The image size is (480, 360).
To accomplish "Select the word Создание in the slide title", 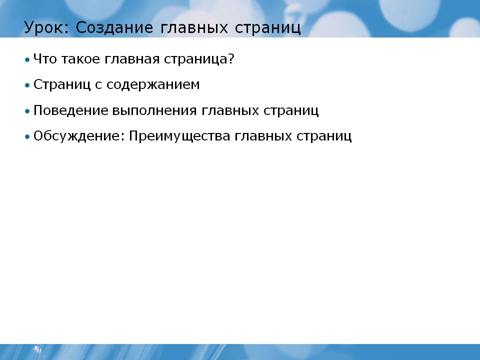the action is pyautogui.click(x=114, y=27).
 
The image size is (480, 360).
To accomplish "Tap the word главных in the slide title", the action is pyautogui.click(x=194, y=27).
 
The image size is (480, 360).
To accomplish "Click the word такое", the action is pyautogui.click(x=81, y=59).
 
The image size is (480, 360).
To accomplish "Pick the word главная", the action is pyautogui.click(x=132, y=59).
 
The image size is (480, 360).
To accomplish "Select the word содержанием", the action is pyautogui.click(x=153, y=85).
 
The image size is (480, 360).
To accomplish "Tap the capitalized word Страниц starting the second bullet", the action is pyautogui.click(x=62, y=84).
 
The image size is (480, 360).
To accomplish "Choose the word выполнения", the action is pyautogui.click(x=154, y=110).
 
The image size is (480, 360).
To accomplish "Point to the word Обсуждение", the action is pyautogui.click(x=79, y=136).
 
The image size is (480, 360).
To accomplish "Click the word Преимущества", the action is pyautogui.click(x=179, y=136).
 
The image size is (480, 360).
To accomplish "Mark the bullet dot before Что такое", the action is pyautogui.click(x=27, y=59).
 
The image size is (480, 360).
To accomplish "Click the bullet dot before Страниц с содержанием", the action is pyautogui.click(x=27, y=85).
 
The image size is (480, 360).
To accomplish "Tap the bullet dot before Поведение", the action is pyautogui.click(x=27, y=111).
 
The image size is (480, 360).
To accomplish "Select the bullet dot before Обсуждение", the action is pyautogui.click(x=27, y=136).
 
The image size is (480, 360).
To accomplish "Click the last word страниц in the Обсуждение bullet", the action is pyautogui.click(x=324, y=136).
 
